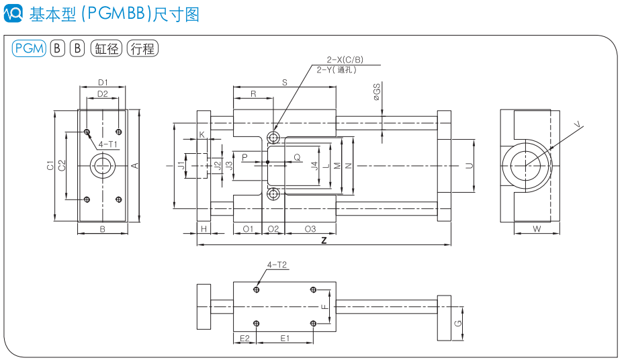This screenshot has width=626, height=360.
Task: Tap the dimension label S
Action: [284, 83]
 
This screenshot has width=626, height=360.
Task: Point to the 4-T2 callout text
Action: [277, 265]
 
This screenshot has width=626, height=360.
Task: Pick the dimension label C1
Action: [50, 165]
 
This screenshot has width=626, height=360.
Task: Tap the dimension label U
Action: [469, 165]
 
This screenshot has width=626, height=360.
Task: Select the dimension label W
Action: [537, 229]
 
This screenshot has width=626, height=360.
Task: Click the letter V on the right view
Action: [579, 124]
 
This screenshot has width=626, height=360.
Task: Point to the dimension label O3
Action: [310, 229]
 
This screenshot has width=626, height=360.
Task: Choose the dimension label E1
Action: [285, 337]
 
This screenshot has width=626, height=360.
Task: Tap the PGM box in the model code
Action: [29, 48]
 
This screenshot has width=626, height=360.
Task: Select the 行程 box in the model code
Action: [142, 48]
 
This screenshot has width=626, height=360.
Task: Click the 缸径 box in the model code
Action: [106, 48]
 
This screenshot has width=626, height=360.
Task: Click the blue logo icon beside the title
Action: [13, 13]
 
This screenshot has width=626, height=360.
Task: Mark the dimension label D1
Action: [103, 82]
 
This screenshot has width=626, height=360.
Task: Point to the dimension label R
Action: [253, 95]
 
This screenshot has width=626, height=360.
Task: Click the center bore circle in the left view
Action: [103, 165]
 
